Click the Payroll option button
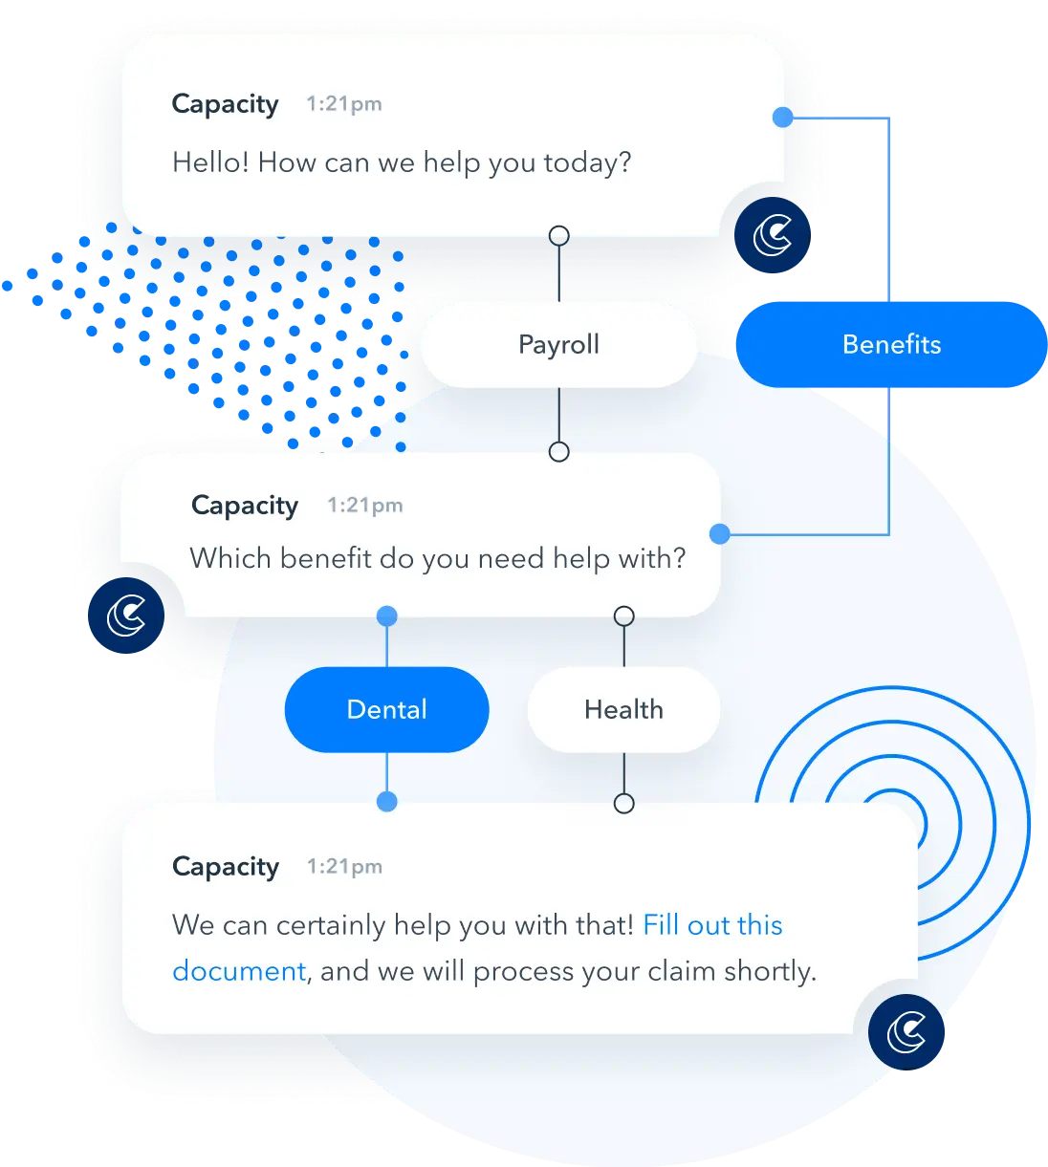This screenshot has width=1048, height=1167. pos(558,344)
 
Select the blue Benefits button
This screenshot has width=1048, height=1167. pos(891,344)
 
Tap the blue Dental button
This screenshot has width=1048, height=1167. pos(386,709)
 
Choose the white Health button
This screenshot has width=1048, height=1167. pos(623,709)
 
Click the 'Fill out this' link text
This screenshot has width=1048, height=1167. pos(712,925)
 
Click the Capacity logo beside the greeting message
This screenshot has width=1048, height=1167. pos(773,235)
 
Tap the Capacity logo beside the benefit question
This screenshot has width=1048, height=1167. pos(127,615)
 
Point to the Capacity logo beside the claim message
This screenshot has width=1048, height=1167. pos(906,1032)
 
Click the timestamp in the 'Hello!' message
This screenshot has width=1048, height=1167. pos(343,104)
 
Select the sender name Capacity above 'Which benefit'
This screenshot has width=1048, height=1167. pos(245,505)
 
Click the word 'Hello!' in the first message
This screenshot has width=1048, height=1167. pos(210,162)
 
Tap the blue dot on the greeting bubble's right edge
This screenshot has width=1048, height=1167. pos(782,118)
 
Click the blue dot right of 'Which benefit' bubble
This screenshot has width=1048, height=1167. pos(720,533)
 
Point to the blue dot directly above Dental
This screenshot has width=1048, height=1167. pos(387,616)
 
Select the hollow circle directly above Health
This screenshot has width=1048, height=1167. pos(624,616)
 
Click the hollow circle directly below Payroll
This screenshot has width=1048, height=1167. pos(559,451)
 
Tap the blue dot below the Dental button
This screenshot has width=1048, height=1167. pos(387,801)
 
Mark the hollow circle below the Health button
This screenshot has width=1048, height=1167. pos(624,803)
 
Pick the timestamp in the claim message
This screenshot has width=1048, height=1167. pos(344,867)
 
